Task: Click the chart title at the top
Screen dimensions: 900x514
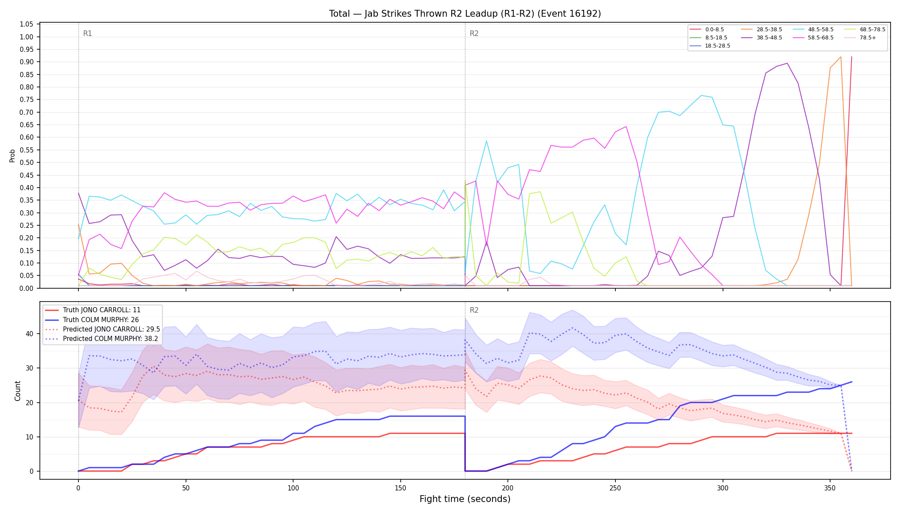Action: (465, 14)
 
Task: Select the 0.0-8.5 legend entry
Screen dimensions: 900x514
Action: (707, 30)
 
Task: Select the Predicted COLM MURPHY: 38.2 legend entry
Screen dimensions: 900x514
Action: (102, 339)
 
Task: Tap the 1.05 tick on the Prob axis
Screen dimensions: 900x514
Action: (27, 24)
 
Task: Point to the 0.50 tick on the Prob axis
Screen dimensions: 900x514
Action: (27, 163)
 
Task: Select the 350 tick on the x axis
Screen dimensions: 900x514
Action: (830, 488)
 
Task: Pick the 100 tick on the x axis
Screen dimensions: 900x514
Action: (293, 488)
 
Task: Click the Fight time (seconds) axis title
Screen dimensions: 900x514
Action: (465, 499)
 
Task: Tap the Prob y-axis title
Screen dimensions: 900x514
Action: (12, 155)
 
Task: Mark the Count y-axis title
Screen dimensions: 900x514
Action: (18, 391)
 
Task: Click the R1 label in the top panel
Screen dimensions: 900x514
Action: (87, 33)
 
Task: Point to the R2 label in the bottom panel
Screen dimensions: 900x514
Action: (474, 310)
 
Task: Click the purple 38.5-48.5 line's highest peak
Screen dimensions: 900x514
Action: (787, 63)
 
